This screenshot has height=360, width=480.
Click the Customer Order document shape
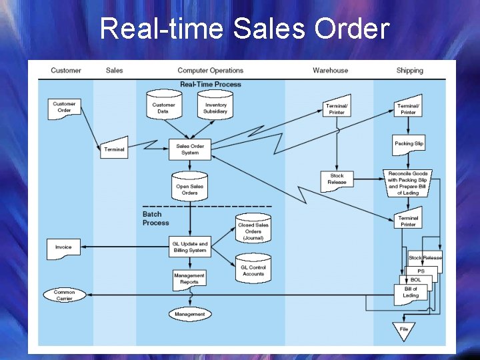pos(64,108)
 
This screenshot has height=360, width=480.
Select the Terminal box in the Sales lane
pos(114,149)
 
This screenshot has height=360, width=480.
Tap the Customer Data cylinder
pos(163,107)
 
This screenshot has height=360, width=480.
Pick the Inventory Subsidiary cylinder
pos(215,107)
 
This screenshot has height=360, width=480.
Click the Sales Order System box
pos(190,149)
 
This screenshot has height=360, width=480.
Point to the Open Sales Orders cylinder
pos(190,189)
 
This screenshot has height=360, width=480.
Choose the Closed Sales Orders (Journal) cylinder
pos(253,229)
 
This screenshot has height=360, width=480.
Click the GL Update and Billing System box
pos(190,247)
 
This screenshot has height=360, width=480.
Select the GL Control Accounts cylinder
pos(253,269)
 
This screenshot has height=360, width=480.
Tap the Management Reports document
pos(189,279)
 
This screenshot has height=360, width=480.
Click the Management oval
pos(190,314)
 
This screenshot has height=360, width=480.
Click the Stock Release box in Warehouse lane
pos(337,179)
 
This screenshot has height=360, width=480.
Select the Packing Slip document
pos(409,144)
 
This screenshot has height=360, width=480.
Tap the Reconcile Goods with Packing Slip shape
pos(408,183)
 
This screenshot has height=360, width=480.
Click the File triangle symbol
pos(404,329)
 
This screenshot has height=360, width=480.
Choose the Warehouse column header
pos(330,71)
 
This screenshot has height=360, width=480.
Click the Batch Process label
pos(155,219)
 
